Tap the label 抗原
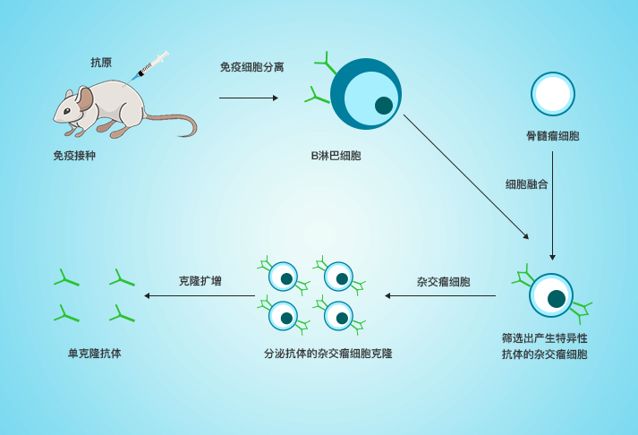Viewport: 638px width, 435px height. (101, 63)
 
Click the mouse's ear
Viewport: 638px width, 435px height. (83, 98)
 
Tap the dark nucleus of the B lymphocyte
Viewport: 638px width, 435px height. (384, 105)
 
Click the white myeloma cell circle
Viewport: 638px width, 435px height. (552, 93)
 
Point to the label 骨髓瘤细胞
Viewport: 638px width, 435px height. (552, 136)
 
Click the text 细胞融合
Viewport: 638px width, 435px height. (525, 184)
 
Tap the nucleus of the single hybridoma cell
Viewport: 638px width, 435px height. (556, 297)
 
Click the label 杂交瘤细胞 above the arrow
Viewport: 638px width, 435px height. (444, 280)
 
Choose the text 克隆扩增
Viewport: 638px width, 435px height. (200, 280)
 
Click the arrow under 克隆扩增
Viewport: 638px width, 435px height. (200, 295)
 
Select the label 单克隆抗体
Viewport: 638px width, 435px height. (95, 354)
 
